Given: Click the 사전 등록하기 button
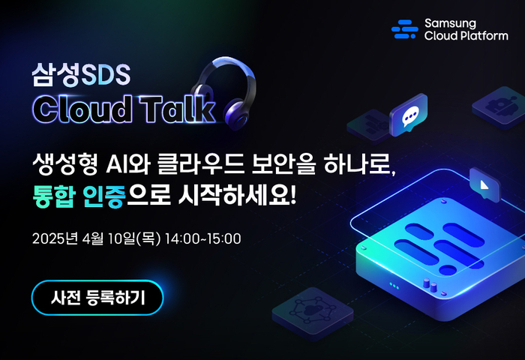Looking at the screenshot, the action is (97, 298).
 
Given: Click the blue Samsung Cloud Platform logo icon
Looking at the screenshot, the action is (405, 29).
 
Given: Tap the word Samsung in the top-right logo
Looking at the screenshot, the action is (450, 23).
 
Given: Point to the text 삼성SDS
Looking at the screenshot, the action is (81, 74).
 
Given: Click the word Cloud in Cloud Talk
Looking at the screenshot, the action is (82, 109).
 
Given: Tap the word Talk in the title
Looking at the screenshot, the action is (177, 109).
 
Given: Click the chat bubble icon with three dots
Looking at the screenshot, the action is (409, 115).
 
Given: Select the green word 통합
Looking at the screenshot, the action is (53, 196).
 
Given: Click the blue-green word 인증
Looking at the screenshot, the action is (103, 196).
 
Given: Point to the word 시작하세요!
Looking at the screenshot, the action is (238, 196).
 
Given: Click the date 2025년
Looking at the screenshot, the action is (55, 238).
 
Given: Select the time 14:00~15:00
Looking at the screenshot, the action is (203, 238).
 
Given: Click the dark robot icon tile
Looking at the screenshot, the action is (499, 107).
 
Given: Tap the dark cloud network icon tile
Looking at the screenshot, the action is (313, 313).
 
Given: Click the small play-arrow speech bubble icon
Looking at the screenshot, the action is (484, 184).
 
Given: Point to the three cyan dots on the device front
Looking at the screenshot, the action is (394, 286).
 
